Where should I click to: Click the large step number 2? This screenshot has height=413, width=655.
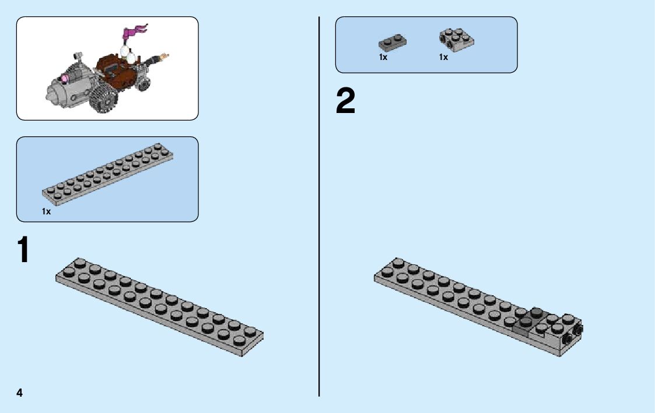point(345,101)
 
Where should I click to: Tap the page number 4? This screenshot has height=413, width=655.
point(19,393)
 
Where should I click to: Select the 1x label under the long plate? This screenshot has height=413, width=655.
point(47,212)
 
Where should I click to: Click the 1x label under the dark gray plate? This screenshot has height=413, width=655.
point(383,57)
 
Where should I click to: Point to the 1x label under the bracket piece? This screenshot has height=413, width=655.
point(444,57)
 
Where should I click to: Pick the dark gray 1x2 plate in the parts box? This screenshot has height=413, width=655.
point(392,42)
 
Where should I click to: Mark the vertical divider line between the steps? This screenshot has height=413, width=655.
point(319,204)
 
